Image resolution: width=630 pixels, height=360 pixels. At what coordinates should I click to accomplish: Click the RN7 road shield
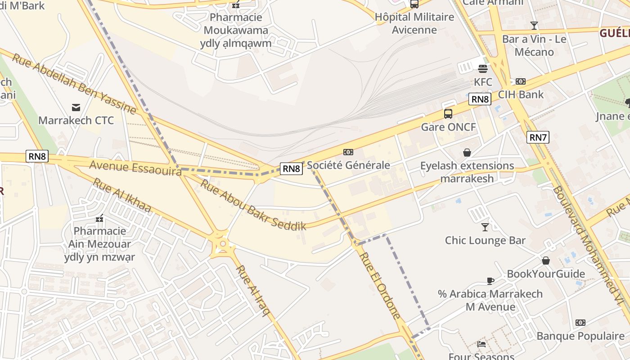pos(538,137)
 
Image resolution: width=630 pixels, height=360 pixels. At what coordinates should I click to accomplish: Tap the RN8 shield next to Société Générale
pos(291,169)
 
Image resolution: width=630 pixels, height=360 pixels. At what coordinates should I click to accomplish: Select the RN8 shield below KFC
pos(480,99)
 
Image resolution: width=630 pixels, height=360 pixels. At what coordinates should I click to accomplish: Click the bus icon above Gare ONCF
pos(448,113)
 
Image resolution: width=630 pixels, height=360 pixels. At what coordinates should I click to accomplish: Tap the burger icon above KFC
pos(483,69)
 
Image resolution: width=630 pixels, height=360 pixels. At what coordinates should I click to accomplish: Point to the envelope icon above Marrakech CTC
pos(76,107)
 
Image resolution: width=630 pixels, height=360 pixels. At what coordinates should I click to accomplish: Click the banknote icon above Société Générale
pos(348,152)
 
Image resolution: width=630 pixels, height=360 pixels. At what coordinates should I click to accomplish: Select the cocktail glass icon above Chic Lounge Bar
pos(485,227)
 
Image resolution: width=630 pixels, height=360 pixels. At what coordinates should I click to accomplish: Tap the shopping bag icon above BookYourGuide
pos(545,261)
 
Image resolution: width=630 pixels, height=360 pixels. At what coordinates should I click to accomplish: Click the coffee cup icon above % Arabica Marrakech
pos(490,281)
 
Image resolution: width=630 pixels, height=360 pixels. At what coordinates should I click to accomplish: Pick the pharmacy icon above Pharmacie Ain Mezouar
pos(99,218)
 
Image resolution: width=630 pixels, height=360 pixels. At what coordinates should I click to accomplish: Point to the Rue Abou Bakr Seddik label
pos(253,205)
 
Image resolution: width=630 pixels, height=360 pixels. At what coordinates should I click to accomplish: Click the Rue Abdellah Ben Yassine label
pos(74,84)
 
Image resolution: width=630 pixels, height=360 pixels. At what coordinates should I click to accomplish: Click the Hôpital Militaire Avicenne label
pos(414,23)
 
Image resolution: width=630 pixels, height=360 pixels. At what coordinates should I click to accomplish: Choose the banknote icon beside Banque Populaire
pos(580,323)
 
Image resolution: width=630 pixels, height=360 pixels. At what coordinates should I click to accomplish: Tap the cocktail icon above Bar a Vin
pos(534,26)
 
